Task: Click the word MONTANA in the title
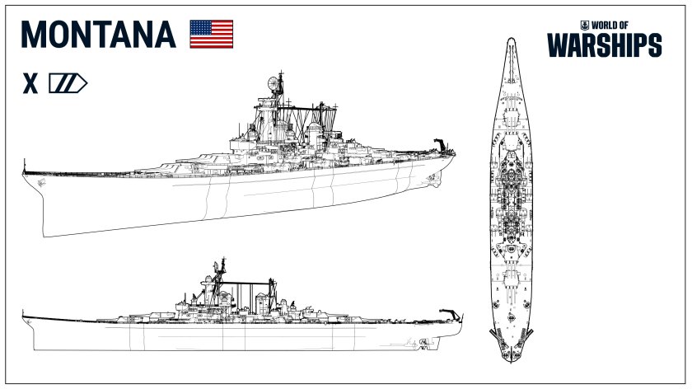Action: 98,35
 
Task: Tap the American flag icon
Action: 212,34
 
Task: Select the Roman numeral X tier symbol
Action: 30,84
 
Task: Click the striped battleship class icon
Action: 68,83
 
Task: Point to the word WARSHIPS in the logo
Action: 605,45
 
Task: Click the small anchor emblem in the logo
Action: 585,26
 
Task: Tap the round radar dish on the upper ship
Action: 274,82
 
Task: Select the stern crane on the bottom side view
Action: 451,314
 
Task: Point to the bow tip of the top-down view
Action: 511,39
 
